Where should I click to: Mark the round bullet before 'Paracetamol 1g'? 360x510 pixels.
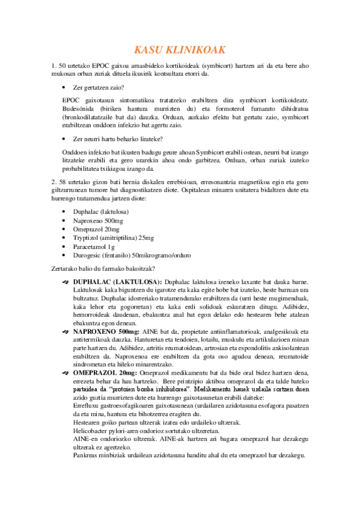click(64, 247)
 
